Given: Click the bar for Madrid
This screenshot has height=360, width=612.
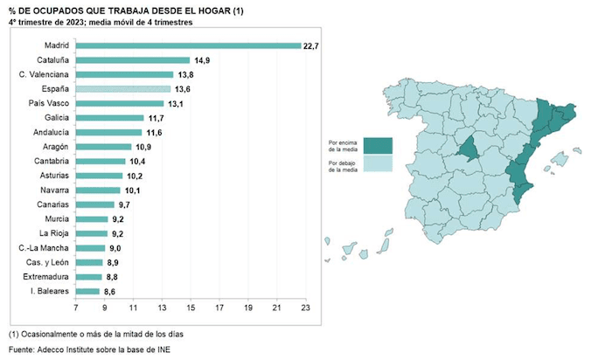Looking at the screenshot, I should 188,45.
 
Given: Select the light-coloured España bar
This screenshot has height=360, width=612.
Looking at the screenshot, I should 123,89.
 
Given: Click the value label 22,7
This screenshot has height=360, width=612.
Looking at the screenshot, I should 312,45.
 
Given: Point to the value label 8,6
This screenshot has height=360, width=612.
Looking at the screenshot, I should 111,291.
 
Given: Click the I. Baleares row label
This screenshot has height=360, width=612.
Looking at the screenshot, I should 50,291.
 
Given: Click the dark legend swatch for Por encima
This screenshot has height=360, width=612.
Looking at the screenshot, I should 379,144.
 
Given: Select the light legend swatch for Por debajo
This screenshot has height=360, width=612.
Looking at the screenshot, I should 379,164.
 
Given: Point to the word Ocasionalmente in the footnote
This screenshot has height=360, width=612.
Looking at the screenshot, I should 52,334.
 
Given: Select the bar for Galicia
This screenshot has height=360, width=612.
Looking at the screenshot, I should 109,118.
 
